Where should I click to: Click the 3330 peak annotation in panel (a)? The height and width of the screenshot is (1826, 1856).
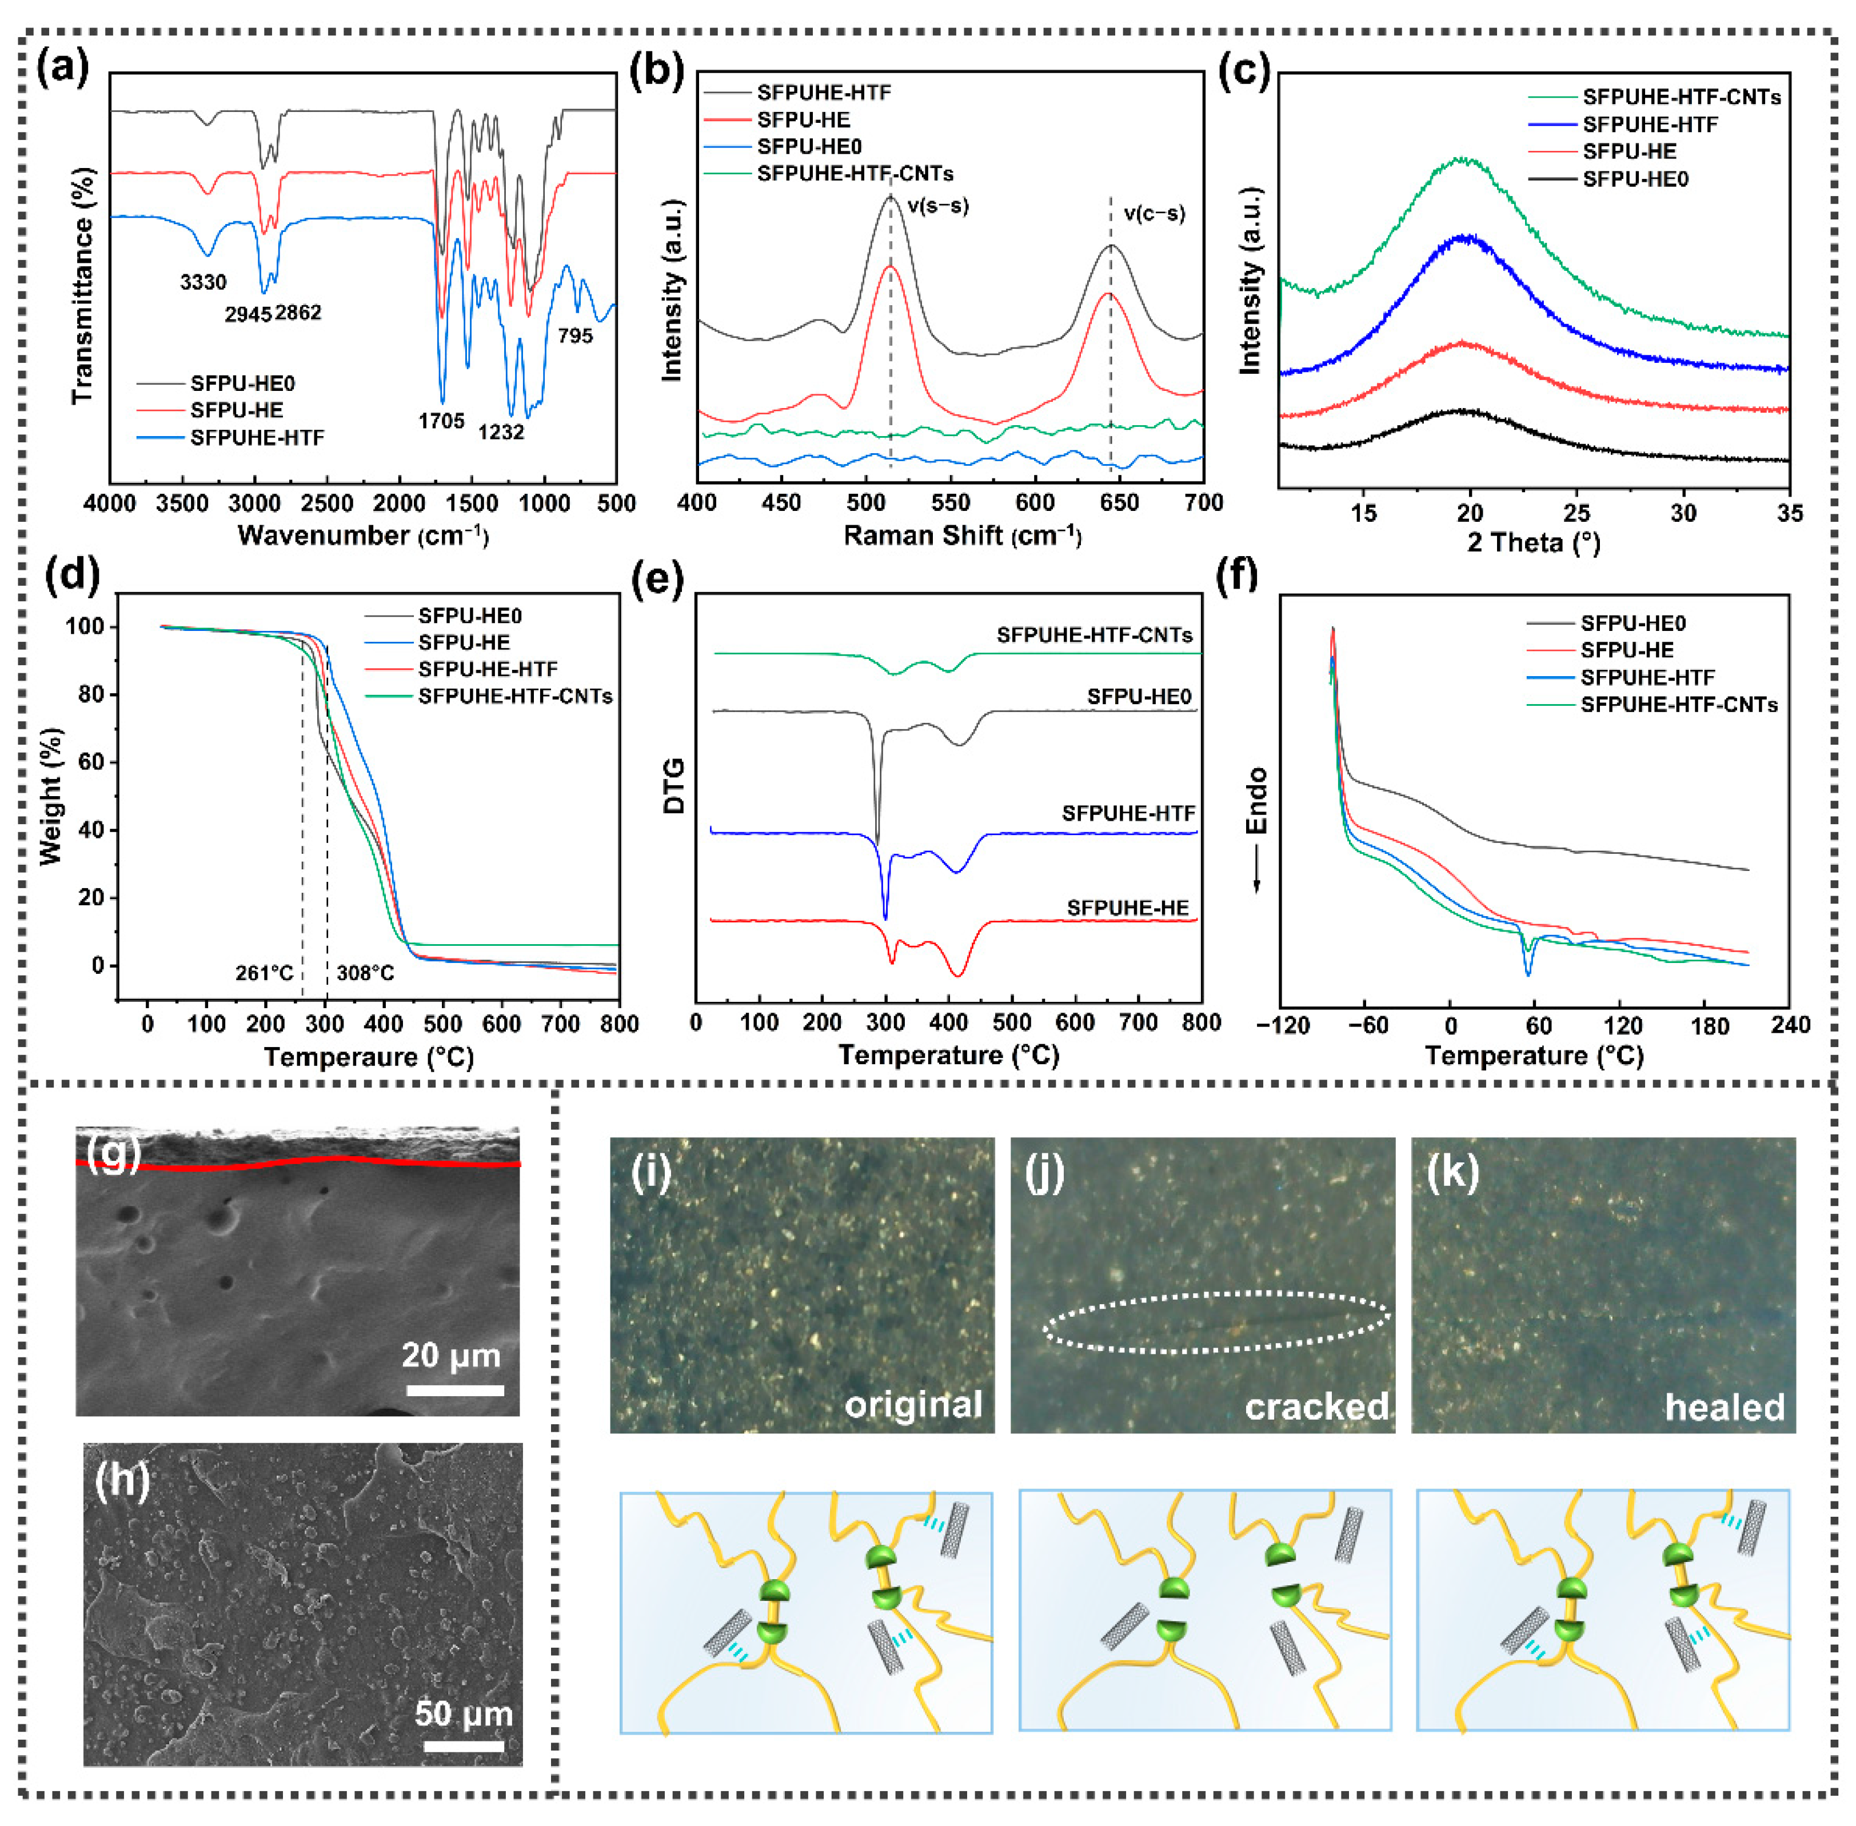pos(203,282)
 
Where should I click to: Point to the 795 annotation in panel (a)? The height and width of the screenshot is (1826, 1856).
pos(576,335)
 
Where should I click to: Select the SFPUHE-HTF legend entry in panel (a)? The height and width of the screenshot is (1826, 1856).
pos(257,437)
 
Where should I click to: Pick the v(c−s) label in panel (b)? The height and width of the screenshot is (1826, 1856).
pos(1154,214)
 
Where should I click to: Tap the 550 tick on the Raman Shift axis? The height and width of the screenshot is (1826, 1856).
pos(951,504)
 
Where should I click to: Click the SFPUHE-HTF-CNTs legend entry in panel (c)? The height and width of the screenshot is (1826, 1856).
pos(1681,97)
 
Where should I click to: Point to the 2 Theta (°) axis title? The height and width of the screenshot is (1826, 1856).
pos(1533,543)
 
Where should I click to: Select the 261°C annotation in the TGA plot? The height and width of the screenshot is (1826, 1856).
pos(265,973)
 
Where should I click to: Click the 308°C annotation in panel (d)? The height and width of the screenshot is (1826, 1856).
pos(365,973)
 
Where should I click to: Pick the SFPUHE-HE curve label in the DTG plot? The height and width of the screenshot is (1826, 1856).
pos(1127,907)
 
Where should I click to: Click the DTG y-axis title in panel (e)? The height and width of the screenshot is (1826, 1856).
pos(674,786)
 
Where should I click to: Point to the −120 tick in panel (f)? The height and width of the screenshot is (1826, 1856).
pos(1283,1025)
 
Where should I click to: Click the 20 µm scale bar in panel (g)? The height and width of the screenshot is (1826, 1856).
pos(454,1389)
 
